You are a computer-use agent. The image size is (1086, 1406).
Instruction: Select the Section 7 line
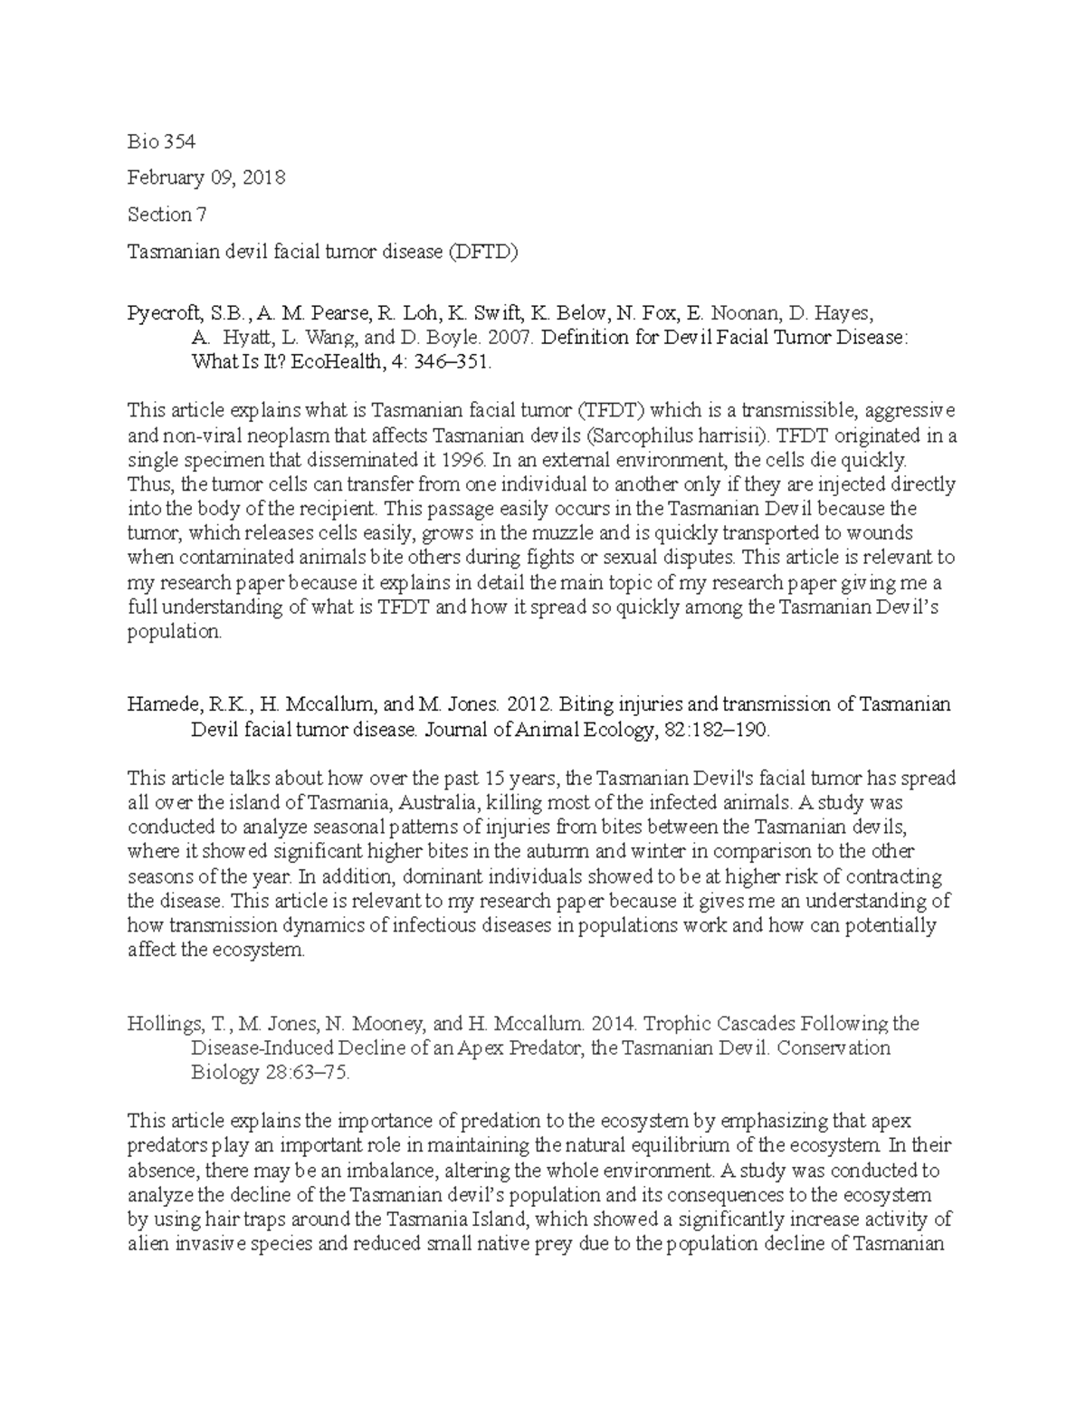160,215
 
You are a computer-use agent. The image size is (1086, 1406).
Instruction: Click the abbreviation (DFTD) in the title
482,252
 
